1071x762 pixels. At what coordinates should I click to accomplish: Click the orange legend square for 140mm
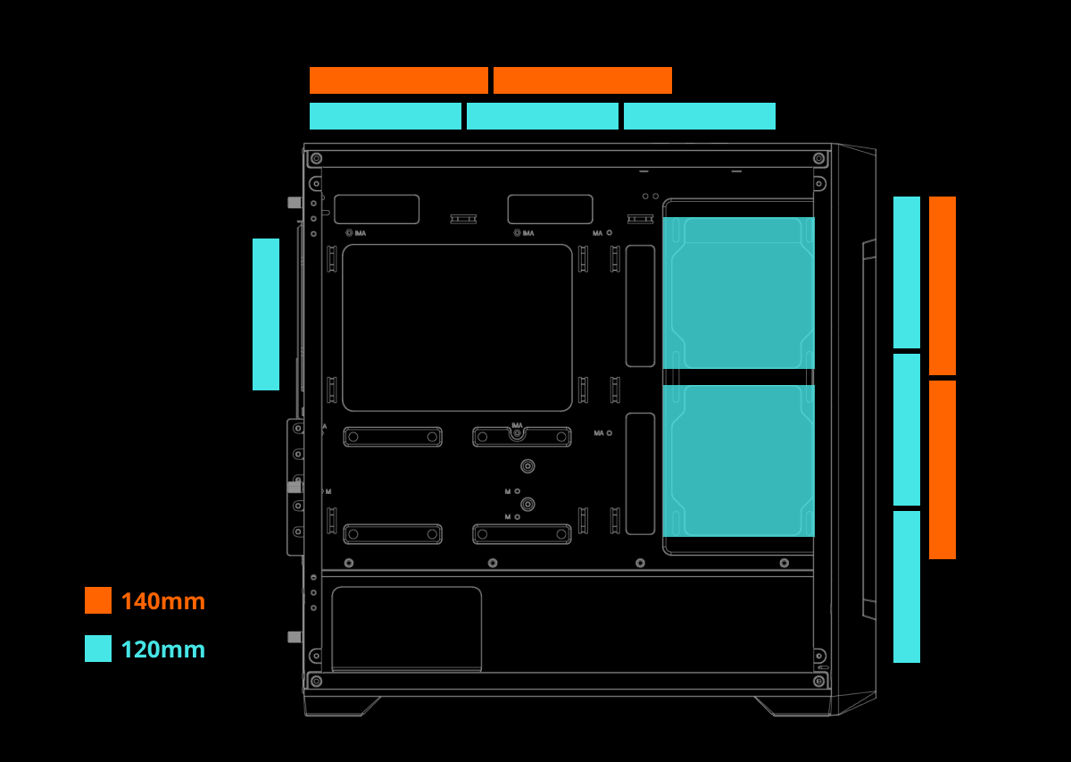pos(98,600)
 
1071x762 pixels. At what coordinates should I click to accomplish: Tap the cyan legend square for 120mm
pos(98,649)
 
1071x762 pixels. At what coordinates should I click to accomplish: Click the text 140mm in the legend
pos(162,601)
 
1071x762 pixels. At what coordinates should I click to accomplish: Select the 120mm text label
pos(162,649)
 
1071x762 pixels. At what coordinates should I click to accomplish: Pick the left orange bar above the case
pos(399,80)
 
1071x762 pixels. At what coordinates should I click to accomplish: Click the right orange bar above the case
pos(583,80)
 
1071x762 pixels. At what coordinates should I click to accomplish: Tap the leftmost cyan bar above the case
pos(386,116)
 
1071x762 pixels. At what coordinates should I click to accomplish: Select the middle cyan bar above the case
pos(543,116)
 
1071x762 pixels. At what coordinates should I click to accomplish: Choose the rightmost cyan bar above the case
pos(700,116)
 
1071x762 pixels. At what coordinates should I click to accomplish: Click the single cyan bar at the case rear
pos(266,314)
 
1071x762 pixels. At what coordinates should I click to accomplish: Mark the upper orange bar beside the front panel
pos(942,286)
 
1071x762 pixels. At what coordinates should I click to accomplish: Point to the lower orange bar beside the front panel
pos(942,470)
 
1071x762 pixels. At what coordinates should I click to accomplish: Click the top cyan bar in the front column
pos(907,272)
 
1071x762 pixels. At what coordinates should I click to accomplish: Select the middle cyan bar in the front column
pos(907,430)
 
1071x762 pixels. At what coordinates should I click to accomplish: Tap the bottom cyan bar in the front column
pos(907,587)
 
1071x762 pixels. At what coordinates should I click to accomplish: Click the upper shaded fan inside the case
pos(738,293)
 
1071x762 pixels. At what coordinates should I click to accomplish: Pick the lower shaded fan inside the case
pos(738,461)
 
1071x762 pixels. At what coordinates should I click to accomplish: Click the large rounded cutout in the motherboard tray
pos(457,328)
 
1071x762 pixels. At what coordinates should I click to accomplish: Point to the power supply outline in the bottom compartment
pos(406,628)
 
